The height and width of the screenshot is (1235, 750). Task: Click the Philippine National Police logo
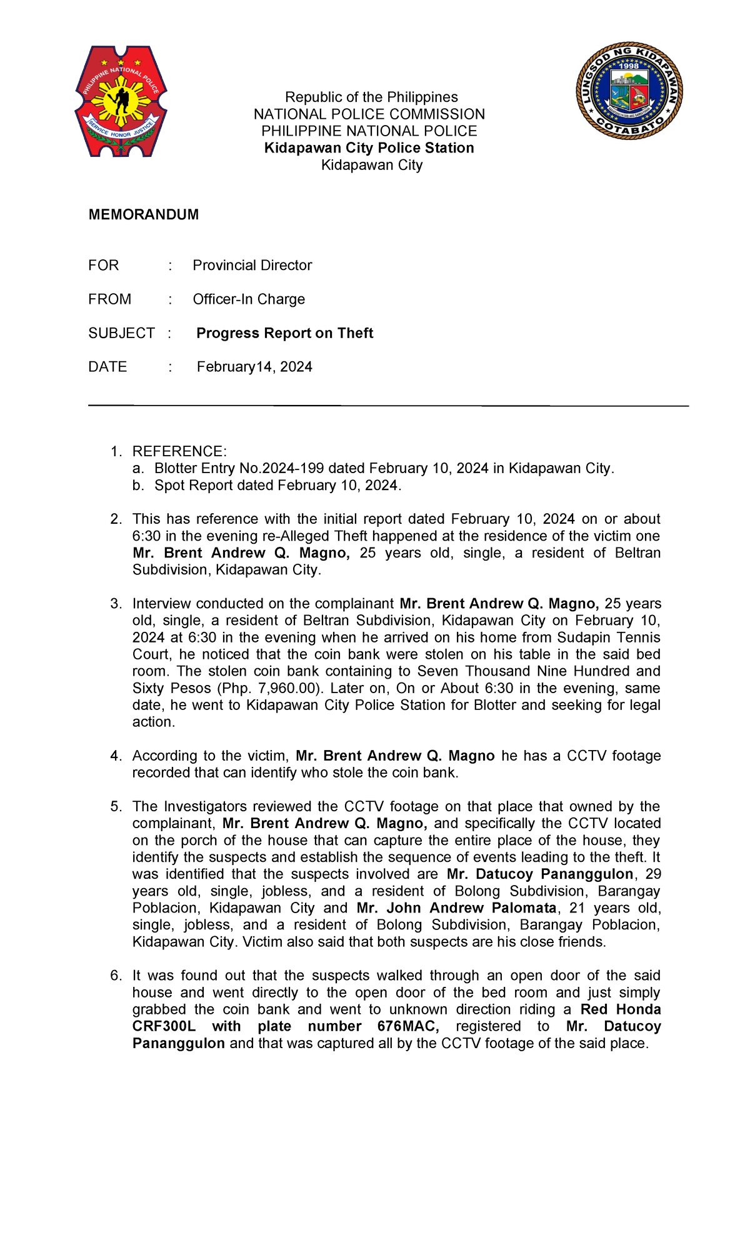121,101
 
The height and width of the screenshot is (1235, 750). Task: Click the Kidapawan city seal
629,92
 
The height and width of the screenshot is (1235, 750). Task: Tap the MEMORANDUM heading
144,215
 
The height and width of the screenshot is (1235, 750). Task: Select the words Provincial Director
252,266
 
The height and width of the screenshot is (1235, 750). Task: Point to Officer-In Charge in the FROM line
249,299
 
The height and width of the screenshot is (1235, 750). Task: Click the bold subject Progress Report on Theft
284,333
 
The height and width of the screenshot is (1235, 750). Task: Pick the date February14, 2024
254,367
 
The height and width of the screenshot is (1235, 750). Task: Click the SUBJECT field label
121,333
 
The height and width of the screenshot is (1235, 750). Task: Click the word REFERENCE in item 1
177,452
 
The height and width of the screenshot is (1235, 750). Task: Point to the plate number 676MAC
408,1026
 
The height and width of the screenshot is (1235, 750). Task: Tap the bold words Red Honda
621,1009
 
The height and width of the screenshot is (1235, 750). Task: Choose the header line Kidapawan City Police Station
369,148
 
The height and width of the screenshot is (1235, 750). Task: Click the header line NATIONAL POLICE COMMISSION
369,114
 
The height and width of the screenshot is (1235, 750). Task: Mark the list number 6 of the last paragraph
116,976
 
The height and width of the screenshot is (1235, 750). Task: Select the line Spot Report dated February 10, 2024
277,486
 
